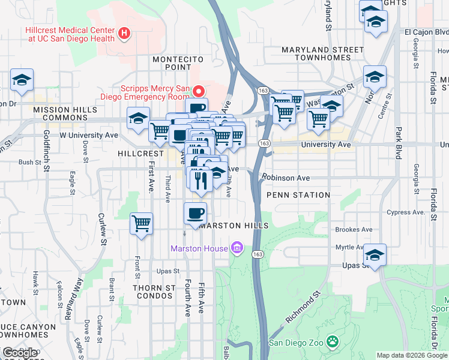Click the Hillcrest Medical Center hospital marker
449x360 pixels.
coord(124,32)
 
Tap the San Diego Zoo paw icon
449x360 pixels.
coord(333,343)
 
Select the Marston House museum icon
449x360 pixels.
coord(237,248)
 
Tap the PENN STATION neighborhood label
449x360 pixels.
coord(298,195)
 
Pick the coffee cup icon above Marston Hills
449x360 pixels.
coord(194,213)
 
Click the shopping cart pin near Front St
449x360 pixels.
coord(141,224)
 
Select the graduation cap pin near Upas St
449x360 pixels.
coord(375,254)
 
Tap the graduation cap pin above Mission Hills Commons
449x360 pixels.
coord(22,80)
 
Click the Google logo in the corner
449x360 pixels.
coord(20,353)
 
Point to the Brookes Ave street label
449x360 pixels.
coord(354,229)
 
